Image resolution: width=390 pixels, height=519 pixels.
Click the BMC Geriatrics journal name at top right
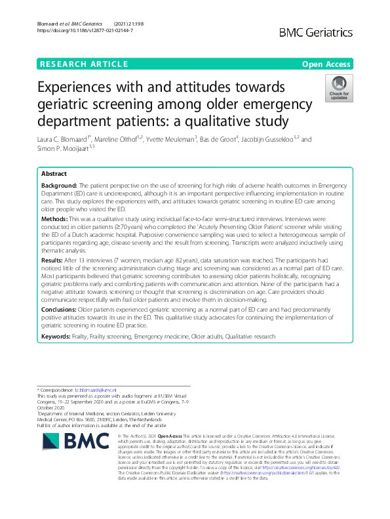click(317, 31)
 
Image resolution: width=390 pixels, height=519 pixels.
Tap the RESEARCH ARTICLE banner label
click(83, 64)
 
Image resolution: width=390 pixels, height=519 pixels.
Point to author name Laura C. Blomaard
click(65, 139)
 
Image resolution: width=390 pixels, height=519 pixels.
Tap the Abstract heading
click(54, 174)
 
